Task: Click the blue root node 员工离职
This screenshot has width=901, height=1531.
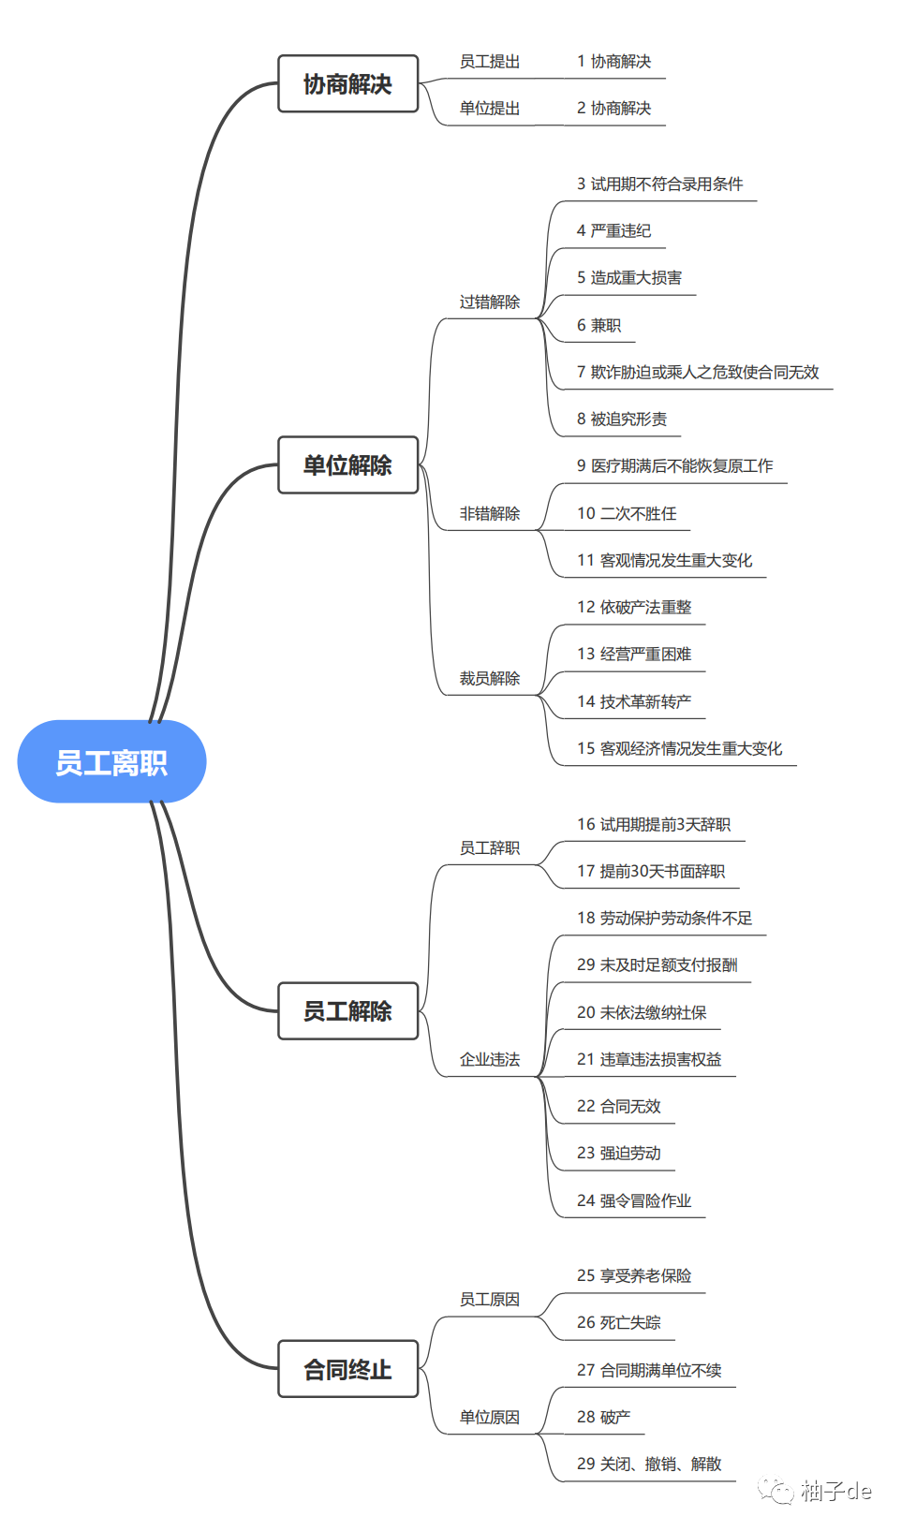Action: click(x=111, y=761)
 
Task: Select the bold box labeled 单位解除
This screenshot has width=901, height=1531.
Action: click(x=347, y=464)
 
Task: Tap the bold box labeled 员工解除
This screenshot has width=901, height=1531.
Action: click(x=347, y=1010)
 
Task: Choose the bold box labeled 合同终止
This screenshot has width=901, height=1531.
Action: click(x=347, y=1369)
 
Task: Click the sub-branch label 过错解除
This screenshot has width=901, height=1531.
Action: click(x=489, y=302)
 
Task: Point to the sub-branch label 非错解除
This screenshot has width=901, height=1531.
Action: click(x=489, y=513)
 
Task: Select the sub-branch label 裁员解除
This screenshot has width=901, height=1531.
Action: click(x=489, y=678)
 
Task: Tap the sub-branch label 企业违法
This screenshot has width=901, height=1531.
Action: click(x=489, y=1059)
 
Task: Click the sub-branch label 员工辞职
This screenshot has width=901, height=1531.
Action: click(x=489, y=847)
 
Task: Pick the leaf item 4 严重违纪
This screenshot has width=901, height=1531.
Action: click(x=613, y=230)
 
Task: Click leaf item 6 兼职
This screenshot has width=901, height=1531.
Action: click(x=598, y=325)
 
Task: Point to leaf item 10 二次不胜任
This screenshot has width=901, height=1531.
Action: click(x=626, y=513)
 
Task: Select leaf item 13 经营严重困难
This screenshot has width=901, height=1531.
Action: click(x=633, y=654)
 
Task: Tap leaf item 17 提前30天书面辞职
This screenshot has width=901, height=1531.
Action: click(x=650, y=871)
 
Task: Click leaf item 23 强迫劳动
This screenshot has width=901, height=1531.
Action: click(x=618, y=1153)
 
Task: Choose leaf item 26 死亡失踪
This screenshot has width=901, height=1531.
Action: click(x=618, y=1322)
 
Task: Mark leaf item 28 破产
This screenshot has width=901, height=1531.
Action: click(x=603, y=1417)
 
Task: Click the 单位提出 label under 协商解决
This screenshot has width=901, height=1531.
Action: click(x=489, y=108)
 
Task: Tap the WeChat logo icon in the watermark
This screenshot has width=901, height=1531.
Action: click(x=775, y=1490)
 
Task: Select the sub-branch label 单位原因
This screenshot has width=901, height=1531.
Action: click(x=489, y=1417)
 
